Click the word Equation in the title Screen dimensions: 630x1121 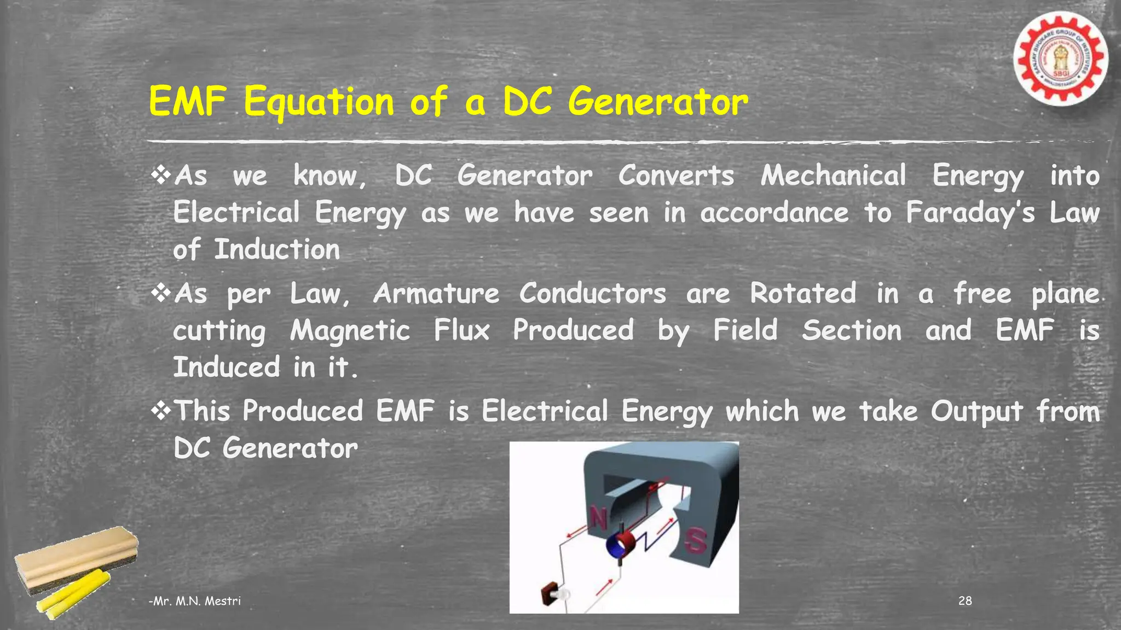click(x=319, y=102)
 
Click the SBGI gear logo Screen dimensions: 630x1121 click(x=1060, y=59)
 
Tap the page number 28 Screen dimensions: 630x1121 click(x=965, y=601)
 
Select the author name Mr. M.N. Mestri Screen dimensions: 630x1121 click(x=195, y=601)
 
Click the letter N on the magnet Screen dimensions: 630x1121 click(x=598, y=517)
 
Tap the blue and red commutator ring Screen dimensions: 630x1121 click(x=621, y=545)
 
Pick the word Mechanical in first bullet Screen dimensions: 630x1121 click(x=833, y=176)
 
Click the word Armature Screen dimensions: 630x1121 click(x=436, y=294)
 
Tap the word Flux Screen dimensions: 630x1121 click(x=461, y=331)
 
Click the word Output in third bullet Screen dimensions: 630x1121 click(x=976, y=412)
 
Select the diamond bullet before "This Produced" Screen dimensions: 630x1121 click(x=161, y=411)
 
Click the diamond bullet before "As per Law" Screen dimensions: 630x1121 click(x=161, y=293)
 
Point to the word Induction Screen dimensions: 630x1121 click(x=276, y=250)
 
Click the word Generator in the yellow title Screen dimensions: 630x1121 click(x=657, y=102)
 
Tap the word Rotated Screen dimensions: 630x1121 click(x=803, y=294)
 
